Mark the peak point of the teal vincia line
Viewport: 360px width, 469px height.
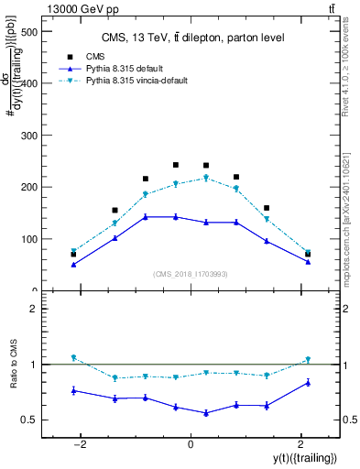coord(206,178)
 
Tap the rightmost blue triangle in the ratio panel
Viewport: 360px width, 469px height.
coord(308,382)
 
